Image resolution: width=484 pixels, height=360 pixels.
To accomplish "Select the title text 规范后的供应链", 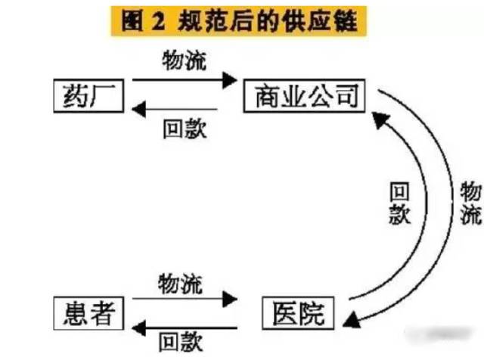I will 273,20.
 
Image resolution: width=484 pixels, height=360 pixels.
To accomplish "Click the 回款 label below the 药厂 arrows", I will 184,128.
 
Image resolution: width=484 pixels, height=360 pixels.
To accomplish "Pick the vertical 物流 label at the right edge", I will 470,203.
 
